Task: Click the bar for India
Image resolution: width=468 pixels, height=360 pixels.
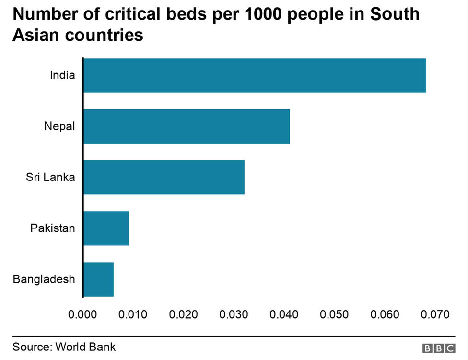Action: [255, 75]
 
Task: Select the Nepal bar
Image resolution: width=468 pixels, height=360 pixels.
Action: [187, 126]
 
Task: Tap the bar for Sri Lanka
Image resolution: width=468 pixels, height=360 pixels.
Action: [164, 177]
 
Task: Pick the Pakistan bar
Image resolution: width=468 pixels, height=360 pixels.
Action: [106, 228]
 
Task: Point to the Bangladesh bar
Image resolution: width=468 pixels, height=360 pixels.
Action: [98, 279]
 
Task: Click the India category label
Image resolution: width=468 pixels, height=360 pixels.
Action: [62, 75]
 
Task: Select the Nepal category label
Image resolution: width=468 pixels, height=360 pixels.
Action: [59, 126]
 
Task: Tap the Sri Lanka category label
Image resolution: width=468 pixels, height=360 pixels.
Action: [50, 177]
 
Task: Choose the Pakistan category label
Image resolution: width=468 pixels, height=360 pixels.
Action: [53, 228]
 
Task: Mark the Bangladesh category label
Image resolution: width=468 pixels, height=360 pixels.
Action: [44, 279]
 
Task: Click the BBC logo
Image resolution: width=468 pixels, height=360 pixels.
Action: [439, 348]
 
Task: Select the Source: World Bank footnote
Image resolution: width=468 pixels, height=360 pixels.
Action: [64, 347]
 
